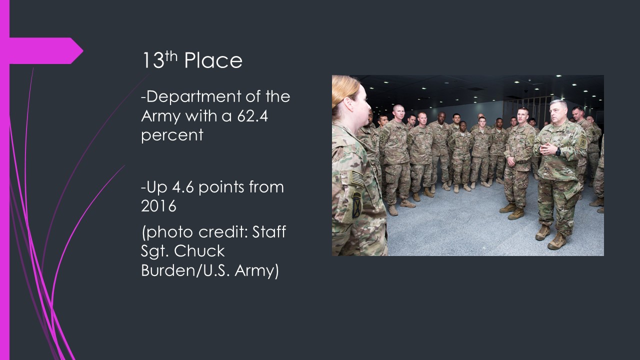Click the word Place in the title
point(213,60)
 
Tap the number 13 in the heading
point(153,60)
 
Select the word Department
point(191,97)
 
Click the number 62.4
point(252,116)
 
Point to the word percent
point(172,135)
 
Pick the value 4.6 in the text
point(183,187)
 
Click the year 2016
point(158,206)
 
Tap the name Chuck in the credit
point(199,251)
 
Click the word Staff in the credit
point(269,231)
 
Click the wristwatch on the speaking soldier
point(557,151)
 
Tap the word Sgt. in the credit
point(155,251)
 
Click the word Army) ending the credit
point(256,270)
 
